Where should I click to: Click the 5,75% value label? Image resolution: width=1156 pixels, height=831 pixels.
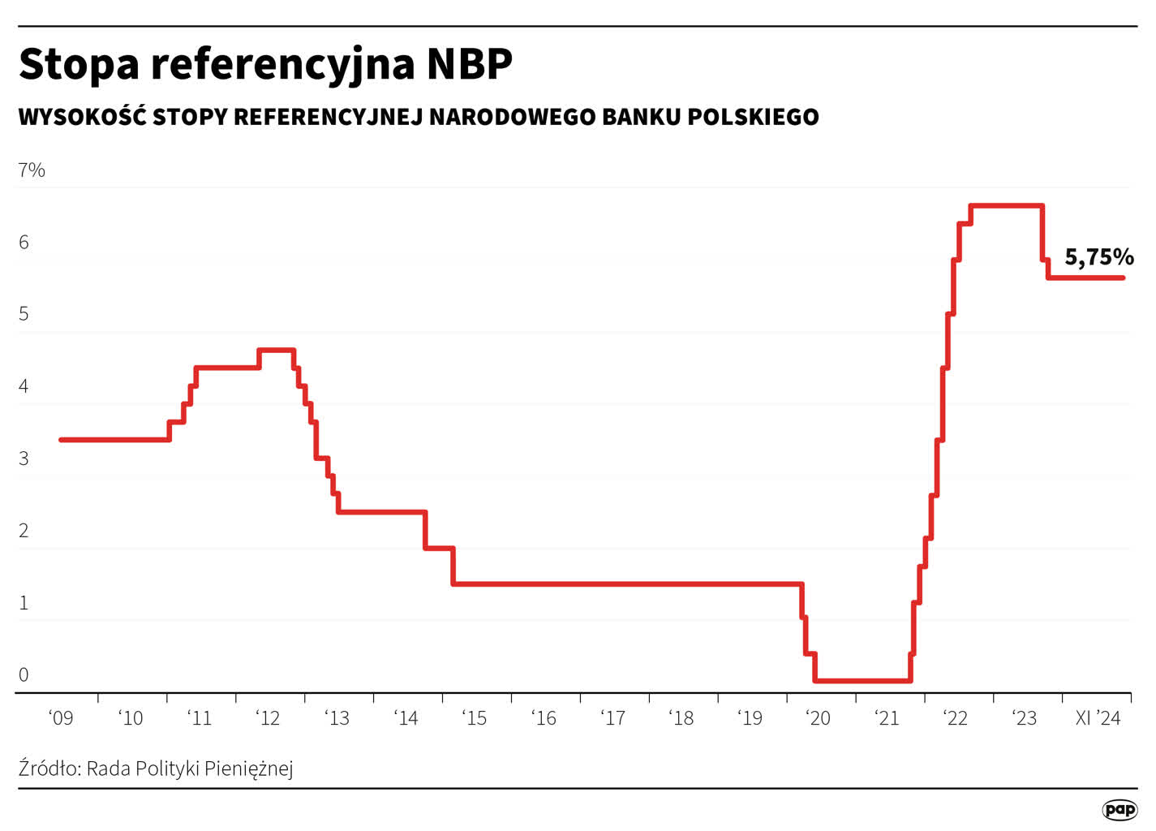pyautogui.click(x=1098, y=257)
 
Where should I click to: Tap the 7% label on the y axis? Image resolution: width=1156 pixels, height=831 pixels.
pyautogui.click(x=32, y=170)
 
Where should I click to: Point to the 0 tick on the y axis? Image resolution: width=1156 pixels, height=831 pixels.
pyautogui.click(x=24, y=674)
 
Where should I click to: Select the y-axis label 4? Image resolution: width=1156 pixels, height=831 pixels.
pyautogui.click(x=24, y=386)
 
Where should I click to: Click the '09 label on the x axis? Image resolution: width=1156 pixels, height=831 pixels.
pyautogui.click(x=61, y=718)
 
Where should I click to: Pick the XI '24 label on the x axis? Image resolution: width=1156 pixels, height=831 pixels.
pyautogui.click(x=1098, y=718)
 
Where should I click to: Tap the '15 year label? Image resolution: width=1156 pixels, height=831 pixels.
pyautogui.click(x=475, y=718)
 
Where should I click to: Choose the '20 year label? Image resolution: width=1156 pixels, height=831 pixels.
pyautogui.click(x=818, y=718)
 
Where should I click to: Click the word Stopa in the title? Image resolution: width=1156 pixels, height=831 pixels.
pyautogui.click(x=79, y=64)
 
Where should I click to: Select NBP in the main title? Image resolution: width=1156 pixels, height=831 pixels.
pyautogui.click(x=470, y=64)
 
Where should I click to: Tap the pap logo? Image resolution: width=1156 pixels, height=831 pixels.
pyautogui.click(x=1119, y=809)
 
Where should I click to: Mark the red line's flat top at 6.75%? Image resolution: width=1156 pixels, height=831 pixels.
pyautogui.click(x=1006, y=206)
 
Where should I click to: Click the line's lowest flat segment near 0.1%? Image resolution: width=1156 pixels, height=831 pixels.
pyautogui.click(x=862, y=680)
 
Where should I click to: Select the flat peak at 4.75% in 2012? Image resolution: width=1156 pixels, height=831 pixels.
pyautogui.click(x=276, y=350)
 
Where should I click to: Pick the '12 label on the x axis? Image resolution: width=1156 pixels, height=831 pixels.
pyautogui.click(x=268, y=718)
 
